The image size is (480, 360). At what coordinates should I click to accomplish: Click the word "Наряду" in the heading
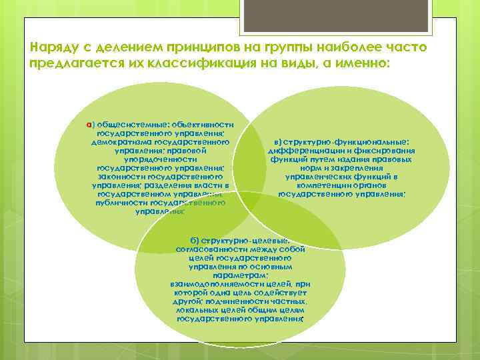[53, 49]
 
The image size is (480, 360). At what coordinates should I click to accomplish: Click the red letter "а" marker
[89, 124]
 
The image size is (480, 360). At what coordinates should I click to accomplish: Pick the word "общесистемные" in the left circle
[127, 124]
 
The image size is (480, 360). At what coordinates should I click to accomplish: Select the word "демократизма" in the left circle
[121, 141]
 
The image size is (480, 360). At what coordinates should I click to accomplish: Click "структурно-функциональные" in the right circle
[347, 142]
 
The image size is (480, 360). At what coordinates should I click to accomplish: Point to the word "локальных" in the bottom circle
[197, 310]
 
